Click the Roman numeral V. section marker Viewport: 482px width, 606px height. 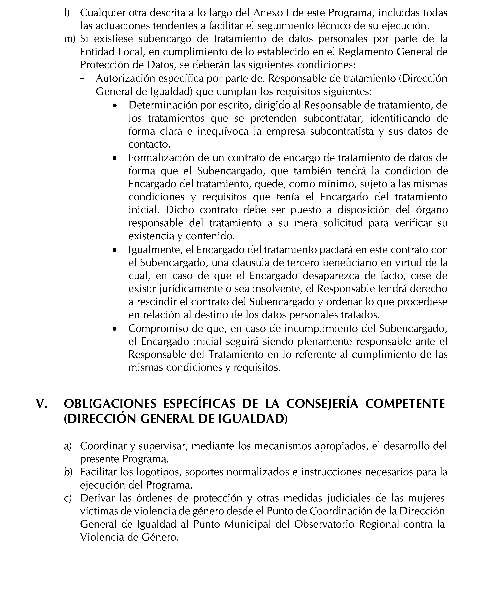pos(42,404)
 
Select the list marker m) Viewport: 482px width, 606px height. pos(70,39)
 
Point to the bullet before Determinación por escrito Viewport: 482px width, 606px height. pos(114,106)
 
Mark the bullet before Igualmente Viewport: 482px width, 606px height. pos(114,250)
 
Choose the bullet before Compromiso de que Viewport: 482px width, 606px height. pos(114,329)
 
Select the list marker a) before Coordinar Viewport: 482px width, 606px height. pos(68,446)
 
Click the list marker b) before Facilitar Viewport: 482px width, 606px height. pos(68,472)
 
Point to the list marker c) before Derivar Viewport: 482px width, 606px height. pos(68,498)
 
